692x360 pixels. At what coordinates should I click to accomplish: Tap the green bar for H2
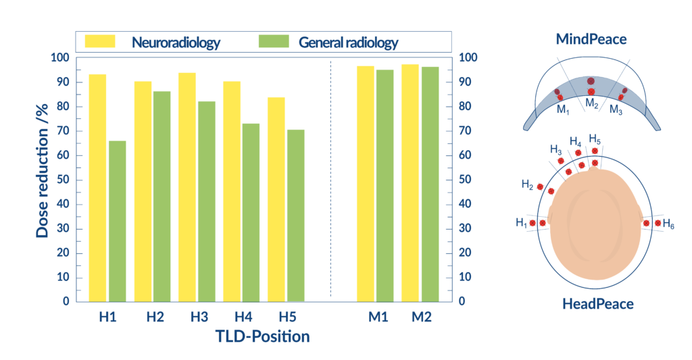click(162, 196)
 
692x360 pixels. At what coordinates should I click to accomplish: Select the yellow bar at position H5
click(276, 199)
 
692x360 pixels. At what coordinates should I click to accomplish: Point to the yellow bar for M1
click(365, 183)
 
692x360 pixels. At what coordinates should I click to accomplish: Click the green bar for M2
click(430, 183)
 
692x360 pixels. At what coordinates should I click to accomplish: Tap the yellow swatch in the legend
click(99, 42)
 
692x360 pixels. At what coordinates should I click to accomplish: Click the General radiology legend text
click(348, 43)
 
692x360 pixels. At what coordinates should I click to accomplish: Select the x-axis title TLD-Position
click(262, 336)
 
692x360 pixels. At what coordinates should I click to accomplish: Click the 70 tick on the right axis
click(464, 131)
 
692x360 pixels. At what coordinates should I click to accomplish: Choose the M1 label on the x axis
click(378, 316)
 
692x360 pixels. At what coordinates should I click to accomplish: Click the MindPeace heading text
click(591, 39)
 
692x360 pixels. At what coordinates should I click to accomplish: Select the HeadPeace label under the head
click(598, 304)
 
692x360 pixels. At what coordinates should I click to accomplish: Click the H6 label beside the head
click(668, 223)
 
